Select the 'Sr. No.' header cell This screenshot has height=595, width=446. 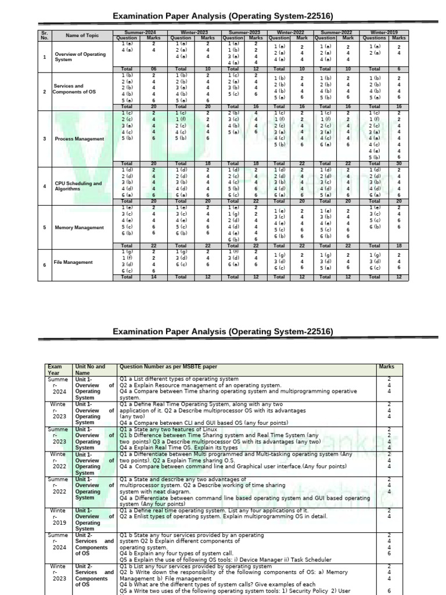pyautogui.click(x=44, y=35)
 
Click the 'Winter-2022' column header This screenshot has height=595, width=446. pyautogui.click(x=289, y=33)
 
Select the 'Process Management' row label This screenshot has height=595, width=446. pyautogui.click(x=80, y=139)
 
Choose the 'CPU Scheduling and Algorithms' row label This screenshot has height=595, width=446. pyautogui.click(x=78, y=186)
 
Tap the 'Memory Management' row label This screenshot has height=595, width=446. pyautogui.click(x=79, y=227)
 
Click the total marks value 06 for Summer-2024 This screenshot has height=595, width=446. pyautogui.click(x=154, y=69)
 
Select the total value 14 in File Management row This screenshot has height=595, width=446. pyautogui.click(x=154, y=277)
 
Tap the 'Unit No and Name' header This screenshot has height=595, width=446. pyautogui.click(x=90, y=370)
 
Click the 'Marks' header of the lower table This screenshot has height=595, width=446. pyautogui.click(x=386, y=367)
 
